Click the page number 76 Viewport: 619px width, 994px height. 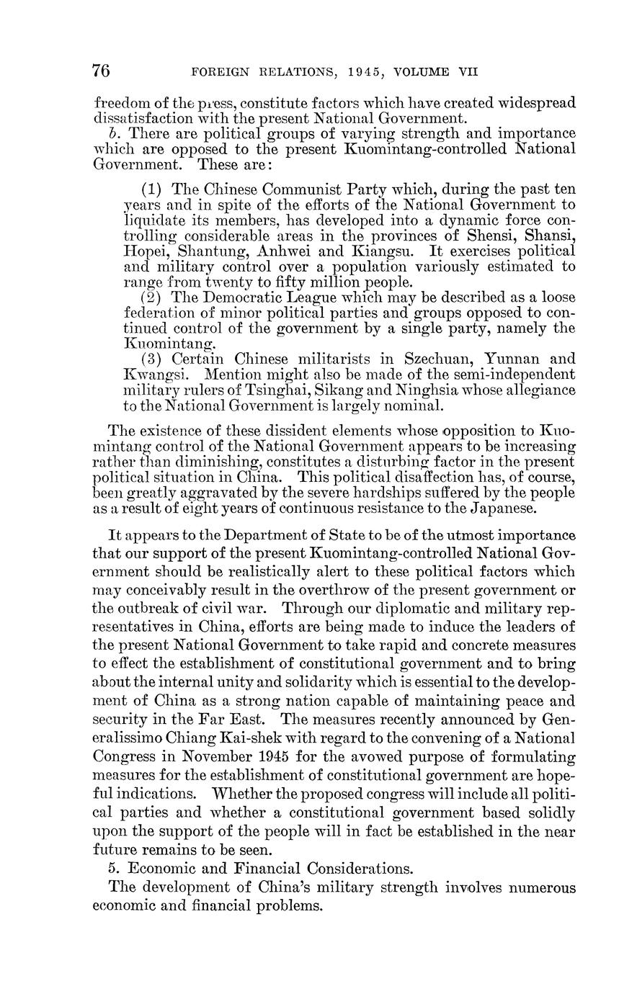tap(101, 71)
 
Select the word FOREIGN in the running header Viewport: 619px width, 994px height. tap(216, 72)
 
